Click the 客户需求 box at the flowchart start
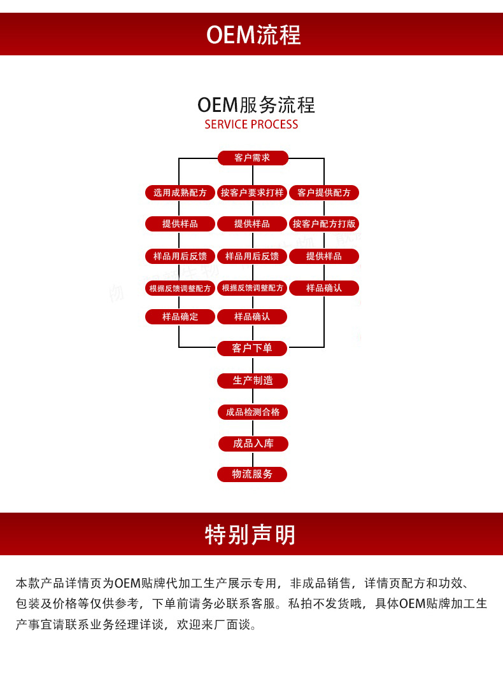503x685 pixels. [252, 158]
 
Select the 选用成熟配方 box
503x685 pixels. [180, 192]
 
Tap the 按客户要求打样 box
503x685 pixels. [252, 192]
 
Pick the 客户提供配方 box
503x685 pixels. [324, 192]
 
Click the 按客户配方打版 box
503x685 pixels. [324, 224]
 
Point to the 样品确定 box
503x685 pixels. [180, 316]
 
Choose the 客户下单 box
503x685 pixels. [252, 348]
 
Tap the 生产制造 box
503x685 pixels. [252, 380]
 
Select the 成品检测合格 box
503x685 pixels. [252, 412]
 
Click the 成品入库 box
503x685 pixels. [253, 443]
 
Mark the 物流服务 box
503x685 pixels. [252, 474]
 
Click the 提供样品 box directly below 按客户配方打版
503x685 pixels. [324, 256]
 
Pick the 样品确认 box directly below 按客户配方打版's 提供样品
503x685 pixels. [324, 287]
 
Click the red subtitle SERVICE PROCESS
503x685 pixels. [251, 125]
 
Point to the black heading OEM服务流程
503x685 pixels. [256, 104]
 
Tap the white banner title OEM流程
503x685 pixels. [253, 35]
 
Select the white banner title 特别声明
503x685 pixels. [251, 535]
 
